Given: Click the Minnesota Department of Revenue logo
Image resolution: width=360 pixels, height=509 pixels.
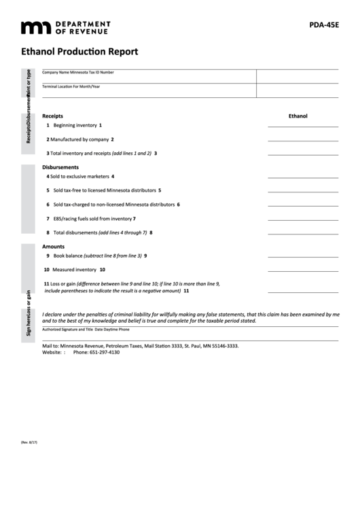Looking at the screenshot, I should [x=65, y=27].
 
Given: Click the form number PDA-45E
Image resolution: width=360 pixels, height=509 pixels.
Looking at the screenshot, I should [x=323, y=27].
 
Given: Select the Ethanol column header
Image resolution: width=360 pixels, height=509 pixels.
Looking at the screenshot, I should [x=298, y=116].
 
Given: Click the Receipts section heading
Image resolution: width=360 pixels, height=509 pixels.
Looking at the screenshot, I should [x=52, y=116].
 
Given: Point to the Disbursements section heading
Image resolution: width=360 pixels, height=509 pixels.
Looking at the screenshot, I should [x=60, y=167].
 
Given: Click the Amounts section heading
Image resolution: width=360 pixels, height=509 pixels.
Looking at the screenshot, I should [x=53, y=246].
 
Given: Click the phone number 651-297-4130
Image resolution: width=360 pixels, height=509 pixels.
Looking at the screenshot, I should [x=96, y=353].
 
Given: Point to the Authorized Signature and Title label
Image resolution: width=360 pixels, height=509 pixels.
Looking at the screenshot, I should [x=67, y=329].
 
